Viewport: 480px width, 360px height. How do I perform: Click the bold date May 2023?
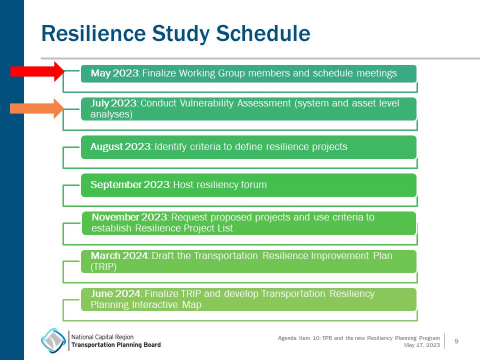coord(114,73)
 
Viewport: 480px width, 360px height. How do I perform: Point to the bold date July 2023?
coord(113,103)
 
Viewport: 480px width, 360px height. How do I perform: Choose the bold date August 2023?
coord(120,147)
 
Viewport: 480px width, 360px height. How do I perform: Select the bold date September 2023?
coord(130,185)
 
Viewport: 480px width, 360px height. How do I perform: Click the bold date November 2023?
coord(130,217)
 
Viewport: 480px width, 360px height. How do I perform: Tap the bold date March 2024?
coord(119,256)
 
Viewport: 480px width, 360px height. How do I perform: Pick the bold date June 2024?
coord(116,294)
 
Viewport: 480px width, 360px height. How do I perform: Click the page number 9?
coord(456,341)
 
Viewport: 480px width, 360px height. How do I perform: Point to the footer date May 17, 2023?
coord(422,345)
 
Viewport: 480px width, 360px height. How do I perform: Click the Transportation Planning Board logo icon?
coord(53,340)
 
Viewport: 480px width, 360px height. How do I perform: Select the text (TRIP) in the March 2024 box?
coord(103,267)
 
